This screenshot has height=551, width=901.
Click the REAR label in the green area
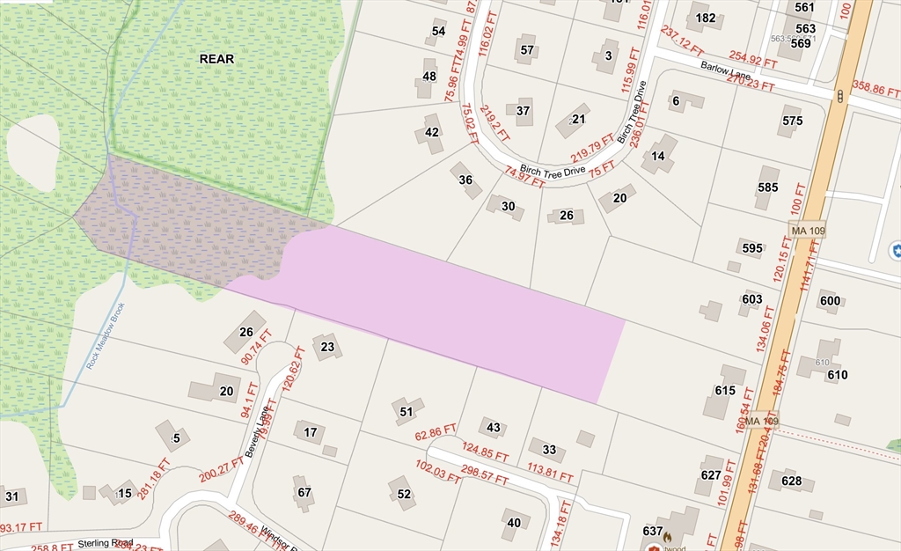[216, 59]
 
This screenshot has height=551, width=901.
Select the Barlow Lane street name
[725, 72]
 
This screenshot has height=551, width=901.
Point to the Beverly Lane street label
[254, 437]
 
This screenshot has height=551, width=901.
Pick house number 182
[705, 18]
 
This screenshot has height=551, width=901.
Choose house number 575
[792, 121]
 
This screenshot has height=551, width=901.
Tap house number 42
[431, 132]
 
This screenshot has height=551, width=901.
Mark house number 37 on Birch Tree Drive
[523, 111]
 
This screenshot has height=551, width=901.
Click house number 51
[406, 411]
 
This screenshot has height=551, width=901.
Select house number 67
[304, 492]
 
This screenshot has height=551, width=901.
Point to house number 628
[791, 481]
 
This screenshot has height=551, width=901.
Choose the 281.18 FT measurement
[152, 478]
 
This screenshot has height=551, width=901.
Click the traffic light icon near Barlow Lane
[840, 96]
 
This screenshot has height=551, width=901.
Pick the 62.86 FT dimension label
[436, 432]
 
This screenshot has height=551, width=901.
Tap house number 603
[751, 299]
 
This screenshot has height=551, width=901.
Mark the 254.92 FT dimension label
[752, 60]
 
